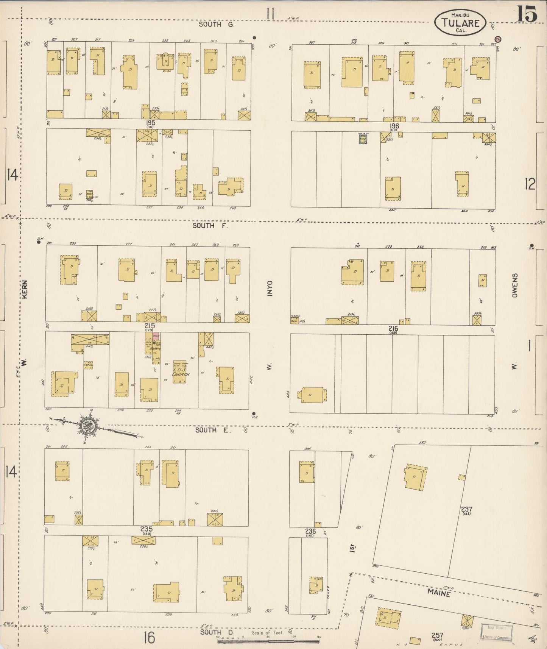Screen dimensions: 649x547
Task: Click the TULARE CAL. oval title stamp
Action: pyautogui.click(x=460, y=23)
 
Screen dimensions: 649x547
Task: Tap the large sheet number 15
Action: pyautogui.click(x=527, y=14)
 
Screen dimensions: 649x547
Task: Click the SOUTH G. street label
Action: pyautogui.click(x=217, y=25)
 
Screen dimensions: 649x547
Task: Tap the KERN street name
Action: pyautogui.click(x=25, y=290)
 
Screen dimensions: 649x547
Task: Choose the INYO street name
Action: pyautogui.click(x=270, y=288)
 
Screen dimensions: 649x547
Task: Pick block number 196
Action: pyautogui.click(x=394, y=126)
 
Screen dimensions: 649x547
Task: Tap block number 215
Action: pyautogui.click(x=149, y=326)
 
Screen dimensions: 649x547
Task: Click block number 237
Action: pyautogui.click(x=466, y=509)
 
